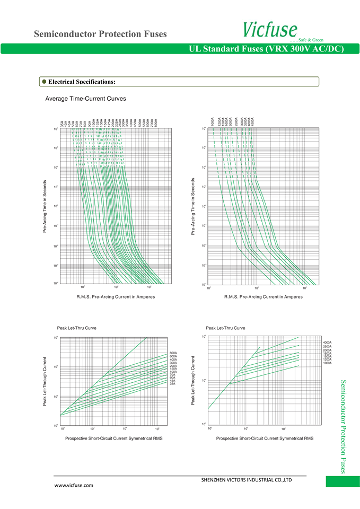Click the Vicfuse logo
coord(270,29)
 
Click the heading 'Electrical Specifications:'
coord(82,82)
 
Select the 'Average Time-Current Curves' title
coord(85,99)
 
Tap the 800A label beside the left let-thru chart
coord(173,353)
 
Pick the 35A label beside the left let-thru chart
coord(172,383)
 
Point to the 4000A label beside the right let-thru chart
coord(327,343)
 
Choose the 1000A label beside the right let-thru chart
coord(327,363)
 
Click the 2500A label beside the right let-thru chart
coord(327,346)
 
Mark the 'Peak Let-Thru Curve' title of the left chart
coord(77,328)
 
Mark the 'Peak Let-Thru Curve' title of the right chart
coord(225,328)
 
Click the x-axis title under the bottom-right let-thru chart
coord(265,438)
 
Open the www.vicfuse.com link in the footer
coord(74,485)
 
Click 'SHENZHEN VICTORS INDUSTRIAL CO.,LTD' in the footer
coord(247,480)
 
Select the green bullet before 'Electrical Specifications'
coord(44,82)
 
